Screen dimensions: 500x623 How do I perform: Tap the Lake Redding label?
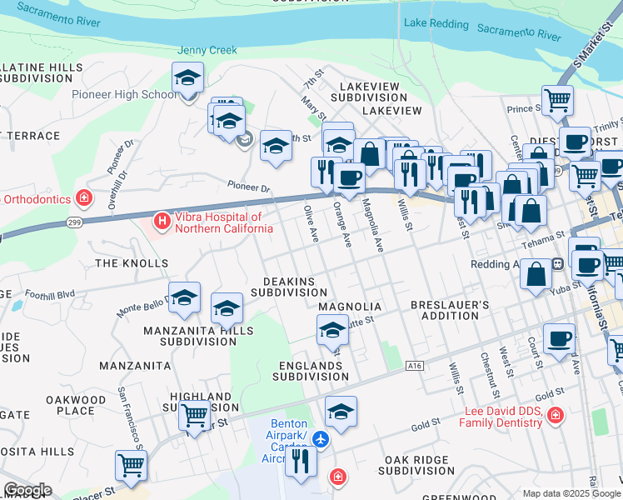[x=436, y=22]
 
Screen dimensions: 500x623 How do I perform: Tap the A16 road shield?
[x=415, y=365]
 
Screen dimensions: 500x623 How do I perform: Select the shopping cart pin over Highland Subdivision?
[x=194, y=414]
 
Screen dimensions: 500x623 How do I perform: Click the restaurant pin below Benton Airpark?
[x=301, y=461]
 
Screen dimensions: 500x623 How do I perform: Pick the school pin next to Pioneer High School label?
[x=188, y=80]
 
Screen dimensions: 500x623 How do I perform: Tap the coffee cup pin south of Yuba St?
[x=558, y=339]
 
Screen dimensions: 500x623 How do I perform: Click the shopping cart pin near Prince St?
[x=557, y=101]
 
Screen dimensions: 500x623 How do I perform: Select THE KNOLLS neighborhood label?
[x=132, y=263]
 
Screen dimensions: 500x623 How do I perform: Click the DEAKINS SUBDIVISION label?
[x=289, y=287]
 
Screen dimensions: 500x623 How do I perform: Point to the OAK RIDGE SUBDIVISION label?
[x=429, y=465]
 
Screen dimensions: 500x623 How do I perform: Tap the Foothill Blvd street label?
[x=50, y=293]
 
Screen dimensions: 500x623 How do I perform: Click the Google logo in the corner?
[x=27, y=490]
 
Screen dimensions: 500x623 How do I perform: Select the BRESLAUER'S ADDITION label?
[x=450, y=311]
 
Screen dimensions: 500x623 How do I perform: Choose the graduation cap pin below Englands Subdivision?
[x=340, y=412]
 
